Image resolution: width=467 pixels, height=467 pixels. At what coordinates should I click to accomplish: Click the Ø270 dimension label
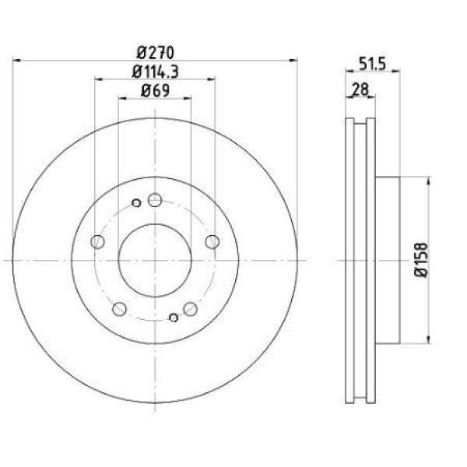point(155,53)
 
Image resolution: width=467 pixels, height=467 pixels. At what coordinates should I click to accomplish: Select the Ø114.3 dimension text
point(155,72)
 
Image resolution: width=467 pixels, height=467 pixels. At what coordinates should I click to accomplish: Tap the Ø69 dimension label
point(155,90)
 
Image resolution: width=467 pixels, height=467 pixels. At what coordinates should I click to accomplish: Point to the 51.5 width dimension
point(372,64)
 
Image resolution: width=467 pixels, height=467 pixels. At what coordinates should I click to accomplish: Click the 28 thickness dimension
point(360,89)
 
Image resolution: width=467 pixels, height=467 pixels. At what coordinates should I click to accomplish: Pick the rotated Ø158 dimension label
point(421,260)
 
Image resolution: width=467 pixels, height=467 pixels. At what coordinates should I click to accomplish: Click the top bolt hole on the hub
point(155,200)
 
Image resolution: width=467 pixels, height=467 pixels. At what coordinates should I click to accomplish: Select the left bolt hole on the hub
point(97,241)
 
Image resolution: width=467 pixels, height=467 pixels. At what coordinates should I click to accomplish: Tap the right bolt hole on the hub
point(212,241)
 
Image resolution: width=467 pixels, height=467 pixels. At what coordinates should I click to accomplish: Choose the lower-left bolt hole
point(119,309)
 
